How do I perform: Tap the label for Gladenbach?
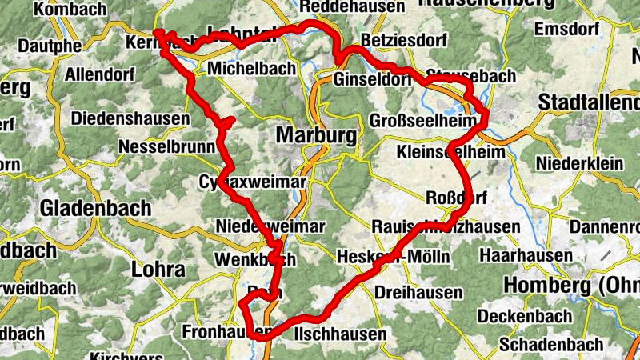point(96,208)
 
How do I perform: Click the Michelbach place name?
point(251,69)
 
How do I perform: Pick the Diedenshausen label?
point(131,119)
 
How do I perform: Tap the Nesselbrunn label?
point(166,147)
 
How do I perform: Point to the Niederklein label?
point(581,163)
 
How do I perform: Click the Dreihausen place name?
point(418,292)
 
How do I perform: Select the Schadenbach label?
point(551,344)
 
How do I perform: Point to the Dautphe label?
point(50,45)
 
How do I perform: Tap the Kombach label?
point(70,10)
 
